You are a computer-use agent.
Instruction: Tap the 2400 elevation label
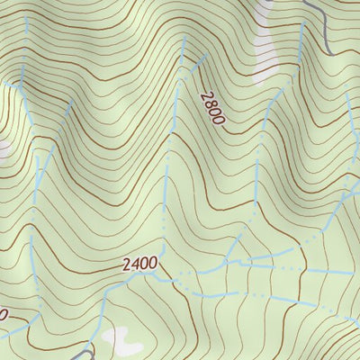point(139,265)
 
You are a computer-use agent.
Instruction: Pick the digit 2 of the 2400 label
point(126,265)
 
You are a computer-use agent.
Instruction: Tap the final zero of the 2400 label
point(153,265)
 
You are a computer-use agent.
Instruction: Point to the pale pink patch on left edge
point(3,148)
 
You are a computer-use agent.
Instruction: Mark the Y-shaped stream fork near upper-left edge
point(21,85)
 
